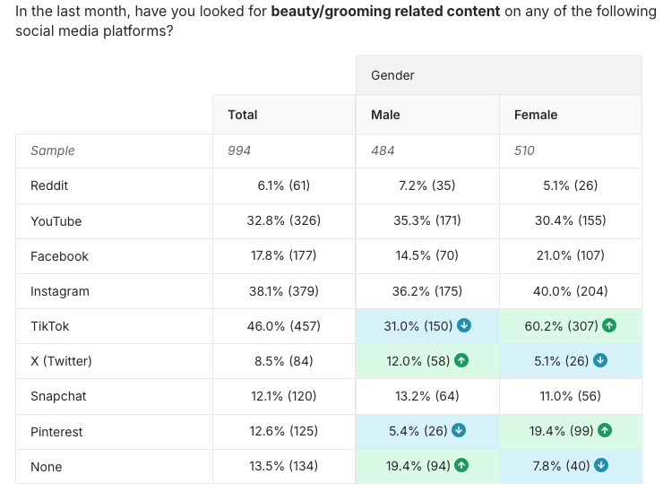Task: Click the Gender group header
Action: coord(392,75)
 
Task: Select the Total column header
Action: coord(243,115)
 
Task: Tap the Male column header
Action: coord(385,115)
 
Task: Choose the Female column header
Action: coord(536,115)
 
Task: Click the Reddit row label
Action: coord(49,185)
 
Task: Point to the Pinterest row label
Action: coord(56,432)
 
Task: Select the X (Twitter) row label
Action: coord(61,361)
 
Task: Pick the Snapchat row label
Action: coord(57,396)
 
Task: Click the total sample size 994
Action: coord(239,151)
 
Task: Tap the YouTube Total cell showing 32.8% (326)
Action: coord(283,221)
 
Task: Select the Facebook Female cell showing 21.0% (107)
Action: coord(570,256)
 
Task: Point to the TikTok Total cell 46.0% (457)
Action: coord(283,326)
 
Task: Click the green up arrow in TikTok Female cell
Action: coord(609,326)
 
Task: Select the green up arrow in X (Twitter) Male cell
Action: coord(462,361)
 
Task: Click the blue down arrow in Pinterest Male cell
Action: coord(459,431)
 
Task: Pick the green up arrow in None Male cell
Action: coord(462,466)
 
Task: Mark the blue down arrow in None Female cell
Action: coord(601,466)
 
